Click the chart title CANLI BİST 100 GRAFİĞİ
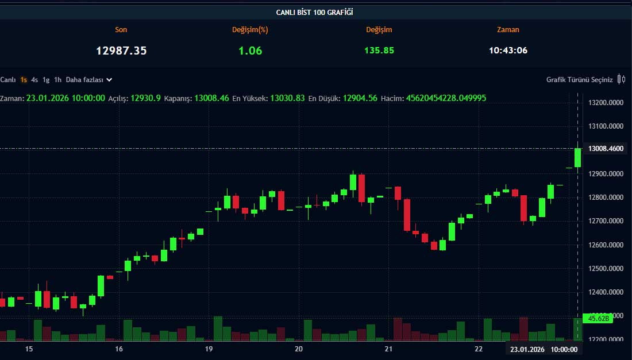point(315,11)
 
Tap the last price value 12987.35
point(121,51)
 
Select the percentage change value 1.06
point(250,51)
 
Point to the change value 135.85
point(379,51)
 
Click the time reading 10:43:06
point(508,51)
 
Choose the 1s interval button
point(24,80)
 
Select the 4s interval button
point(34,80)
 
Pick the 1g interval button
point(46,80)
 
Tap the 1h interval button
point(57,80)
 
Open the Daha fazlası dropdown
point(89,80)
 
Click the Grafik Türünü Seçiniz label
point(579,80)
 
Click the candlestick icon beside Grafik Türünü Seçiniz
point(621,79)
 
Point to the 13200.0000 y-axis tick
point(606,103)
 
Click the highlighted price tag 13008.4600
point(606,149)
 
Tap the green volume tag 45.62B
point(597,318)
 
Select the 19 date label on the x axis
point(209,349)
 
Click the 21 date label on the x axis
point(388,349)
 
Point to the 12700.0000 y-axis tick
point(606,221)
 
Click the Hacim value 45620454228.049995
point(446,98)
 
